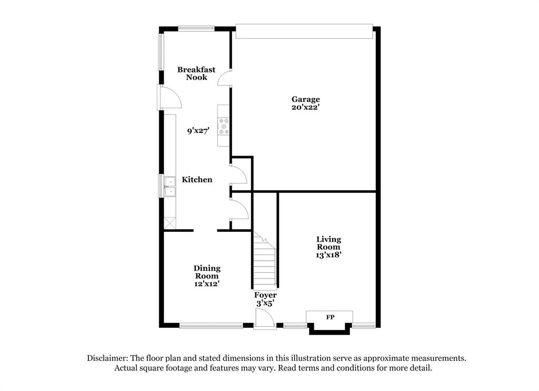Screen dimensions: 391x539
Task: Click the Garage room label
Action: [x=306, y=99]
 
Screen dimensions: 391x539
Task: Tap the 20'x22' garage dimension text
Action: [x=306, y=107]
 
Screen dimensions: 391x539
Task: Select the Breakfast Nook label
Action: [x=196, y=73]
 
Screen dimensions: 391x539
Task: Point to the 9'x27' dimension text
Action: [x=198, y=131]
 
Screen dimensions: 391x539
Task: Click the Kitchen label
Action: [x=197, y=180]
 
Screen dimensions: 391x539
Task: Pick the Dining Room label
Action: [x=207, y=272]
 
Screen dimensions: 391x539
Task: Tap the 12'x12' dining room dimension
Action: [x=207, y=284]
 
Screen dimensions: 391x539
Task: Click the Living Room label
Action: [x=328, y=243]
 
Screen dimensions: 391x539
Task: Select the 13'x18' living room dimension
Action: [x=328, y=255]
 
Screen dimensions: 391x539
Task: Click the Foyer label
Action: [x=265, y=295]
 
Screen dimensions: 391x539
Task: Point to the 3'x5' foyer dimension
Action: [x=265, y=304]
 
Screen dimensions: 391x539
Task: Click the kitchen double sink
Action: [x=170, y=187]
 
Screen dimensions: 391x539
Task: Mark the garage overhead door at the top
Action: [x=304, y=31]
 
